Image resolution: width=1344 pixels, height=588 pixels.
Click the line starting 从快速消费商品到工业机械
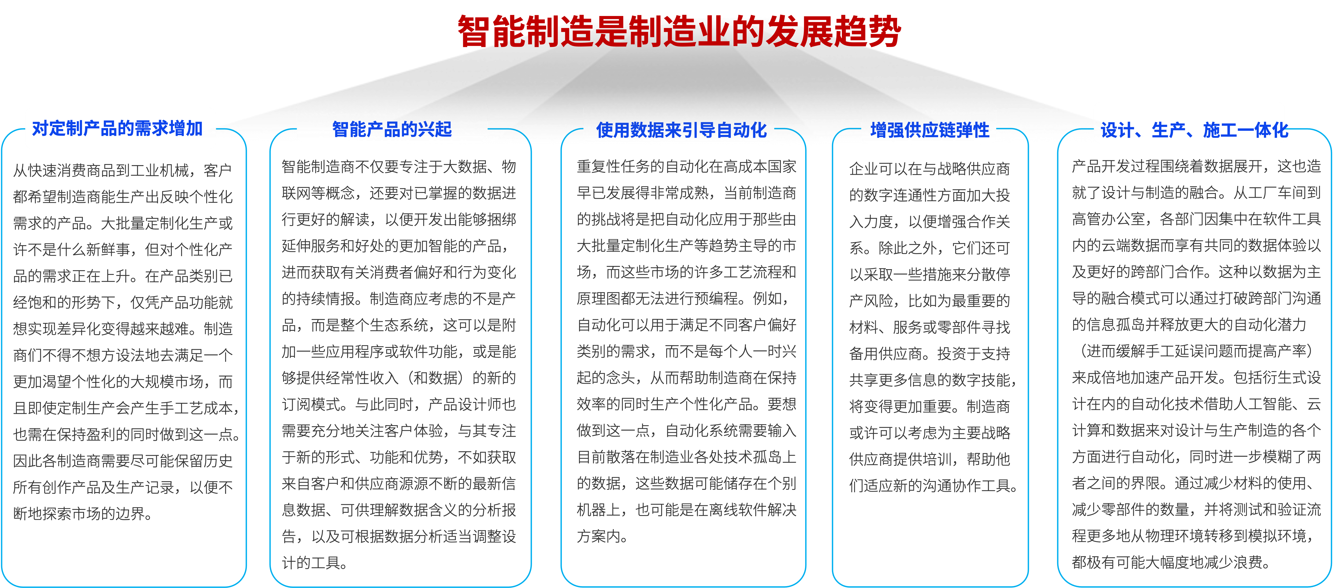pos(122,170)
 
